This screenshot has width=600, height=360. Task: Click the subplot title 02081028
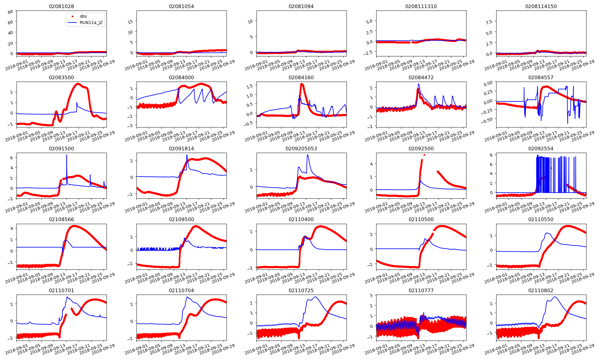(x=61, y=6)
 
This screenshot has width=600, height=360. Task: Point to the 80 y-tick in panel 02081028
(x=10, y=12)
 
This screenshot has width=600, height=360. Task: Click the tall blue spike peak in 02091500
(x=67, y=155)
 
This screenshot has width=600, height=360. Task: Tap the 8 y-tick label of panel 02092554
(x=491, y=155)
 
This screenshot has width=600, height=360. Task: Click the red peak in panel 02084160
(x=301, y=84)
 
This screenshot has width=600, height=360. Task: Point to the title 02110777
(x=421, y=290)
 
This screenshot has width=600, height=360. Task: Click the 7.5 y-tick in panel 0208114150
(x=489, y=22)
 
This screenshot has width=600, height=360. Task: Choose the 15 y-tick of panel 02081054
(x=130, y=22)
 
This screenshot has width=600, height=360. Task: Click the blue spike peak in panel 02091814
(x=187, y=155)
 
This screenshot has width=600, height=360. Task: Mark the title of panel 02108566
(x=61, y=219)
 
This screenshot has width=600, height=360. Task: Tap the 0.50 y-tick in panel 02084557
(x=488, y=83)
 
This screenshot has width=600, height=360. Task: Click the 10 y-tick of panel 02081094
(x=250, y=21)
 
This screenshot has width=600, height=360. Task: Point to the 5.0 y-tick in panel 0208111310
(x=369, y=21)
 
